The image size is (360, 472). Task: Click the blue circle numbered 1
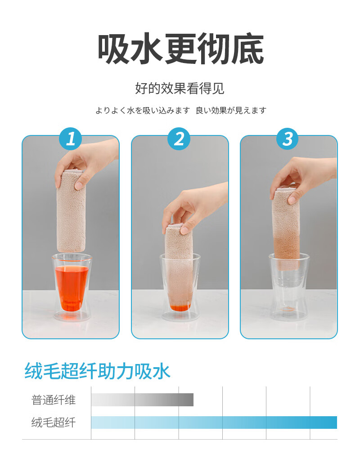(71, 139)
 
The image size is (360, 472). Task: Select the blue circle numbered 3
(288, 139)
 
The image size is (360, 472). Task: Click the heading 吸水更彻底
(180, 49)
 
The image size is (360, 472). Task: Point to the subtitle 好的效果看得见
(180, 88)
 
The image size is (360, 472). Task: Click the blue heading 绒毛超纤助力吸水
(97, 371)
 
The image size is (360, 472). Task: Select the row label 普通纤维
(54, 400)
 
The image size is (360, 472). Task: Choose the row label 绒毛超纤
(54, 423)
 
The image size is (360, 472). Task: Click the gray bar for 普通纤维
(142, 400)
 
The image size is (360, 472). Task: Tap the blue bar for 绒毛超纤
(214, 423)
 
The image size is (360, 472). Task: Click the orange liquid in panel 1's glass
(72, 288)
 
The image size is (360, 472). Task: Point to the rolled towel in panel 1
(71, 211)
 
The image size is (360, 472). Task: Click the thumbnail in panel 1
(79, 185)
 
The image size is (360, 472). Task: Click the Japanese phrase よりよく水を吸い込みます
(143, 111)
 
